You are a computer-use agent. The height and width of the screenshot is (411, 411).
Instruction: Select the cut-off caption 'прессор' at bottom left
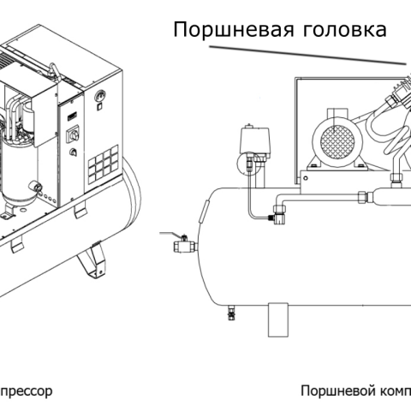(x=26, y=390)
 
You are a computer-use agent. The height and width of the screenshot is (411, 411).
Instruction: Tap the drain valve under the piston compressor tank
(x=230, y=313)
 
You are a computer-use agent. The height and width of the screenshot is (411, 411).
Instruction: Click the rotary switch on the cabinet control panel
(x=72, y=135)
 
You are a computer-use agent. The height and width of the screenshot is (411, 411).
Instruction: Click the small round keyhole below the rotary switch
(x=72, y=154)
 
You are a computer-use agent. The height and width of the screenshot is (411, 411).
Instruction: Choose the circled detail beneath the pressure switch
(x=249, y=165)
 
